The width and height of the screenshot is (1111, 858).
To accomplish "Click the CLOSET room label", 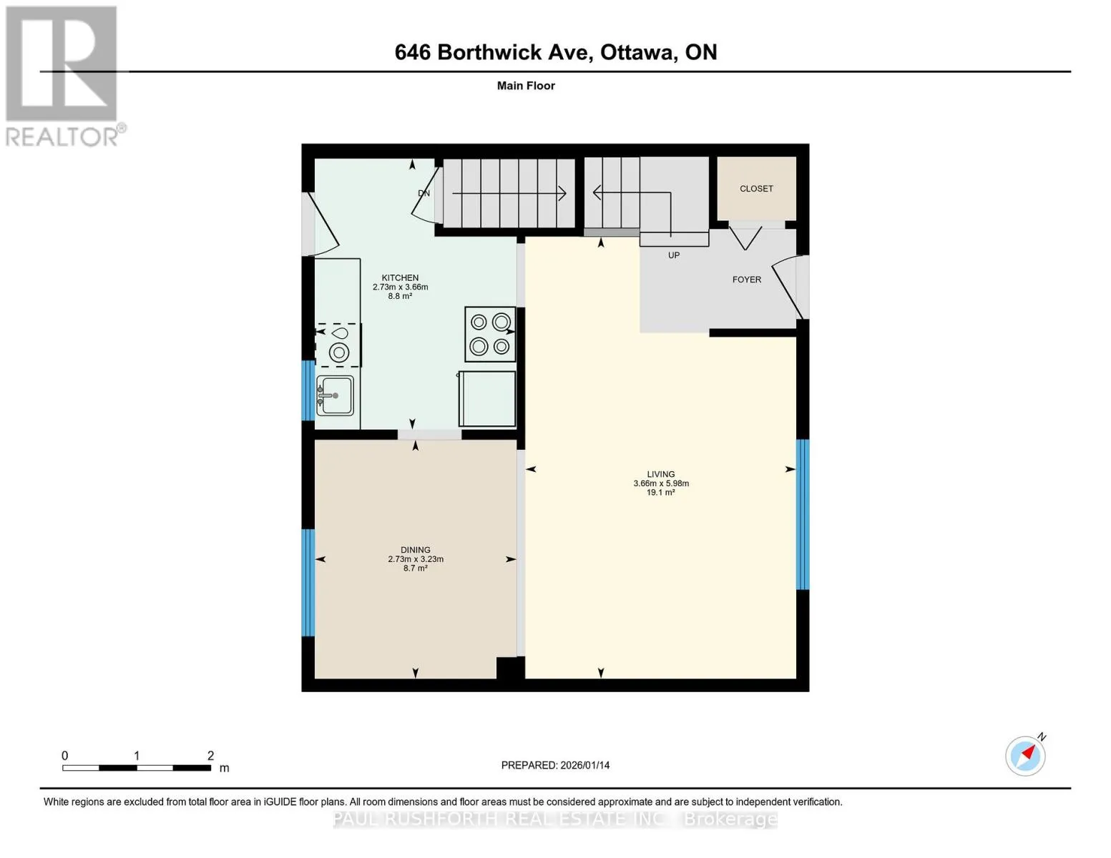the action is coord(756,189).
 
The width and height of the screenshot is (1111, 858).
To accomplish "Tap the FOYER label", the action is coord(746,280).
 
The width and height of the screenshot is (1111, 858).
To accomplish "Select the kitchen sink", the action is coord(335,395).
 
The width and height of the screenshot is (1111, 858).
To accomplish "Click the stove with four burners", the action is coord(490,334).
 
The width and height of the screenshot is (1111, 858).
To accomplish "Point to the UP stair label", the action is coord(674,255).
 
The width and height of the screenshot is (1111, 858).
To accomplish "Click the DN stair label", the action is coord(424,193).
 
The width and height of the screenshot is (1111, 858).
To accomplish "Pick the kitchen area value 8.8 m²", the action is coord(400,296).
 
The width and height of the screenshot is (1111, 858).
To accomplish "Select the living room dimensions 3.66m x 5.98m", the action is coord(661,483).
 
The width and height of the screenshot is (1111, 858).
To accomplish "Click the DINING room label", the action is coord(415,550).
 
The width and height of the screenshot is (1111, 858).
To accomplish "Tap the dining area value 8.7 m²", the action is coord(415,568).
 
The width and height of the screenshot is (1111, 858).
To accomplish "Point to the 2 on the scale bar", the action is coord(210,755).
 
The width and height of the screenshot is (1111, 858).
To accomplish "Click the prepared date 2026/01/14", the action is coord(585,765).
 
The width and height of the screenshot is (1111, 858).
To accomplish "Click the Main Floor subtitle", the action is coord(526,86).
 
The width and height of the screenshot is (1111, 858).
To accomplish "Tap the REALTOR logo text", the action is coord(62,137).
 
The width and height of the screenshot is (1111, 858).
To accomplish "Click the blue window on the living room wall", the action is coord(803,514).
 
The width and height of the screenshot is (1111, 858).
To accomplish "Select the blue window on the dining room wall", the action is coord(308,583).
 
